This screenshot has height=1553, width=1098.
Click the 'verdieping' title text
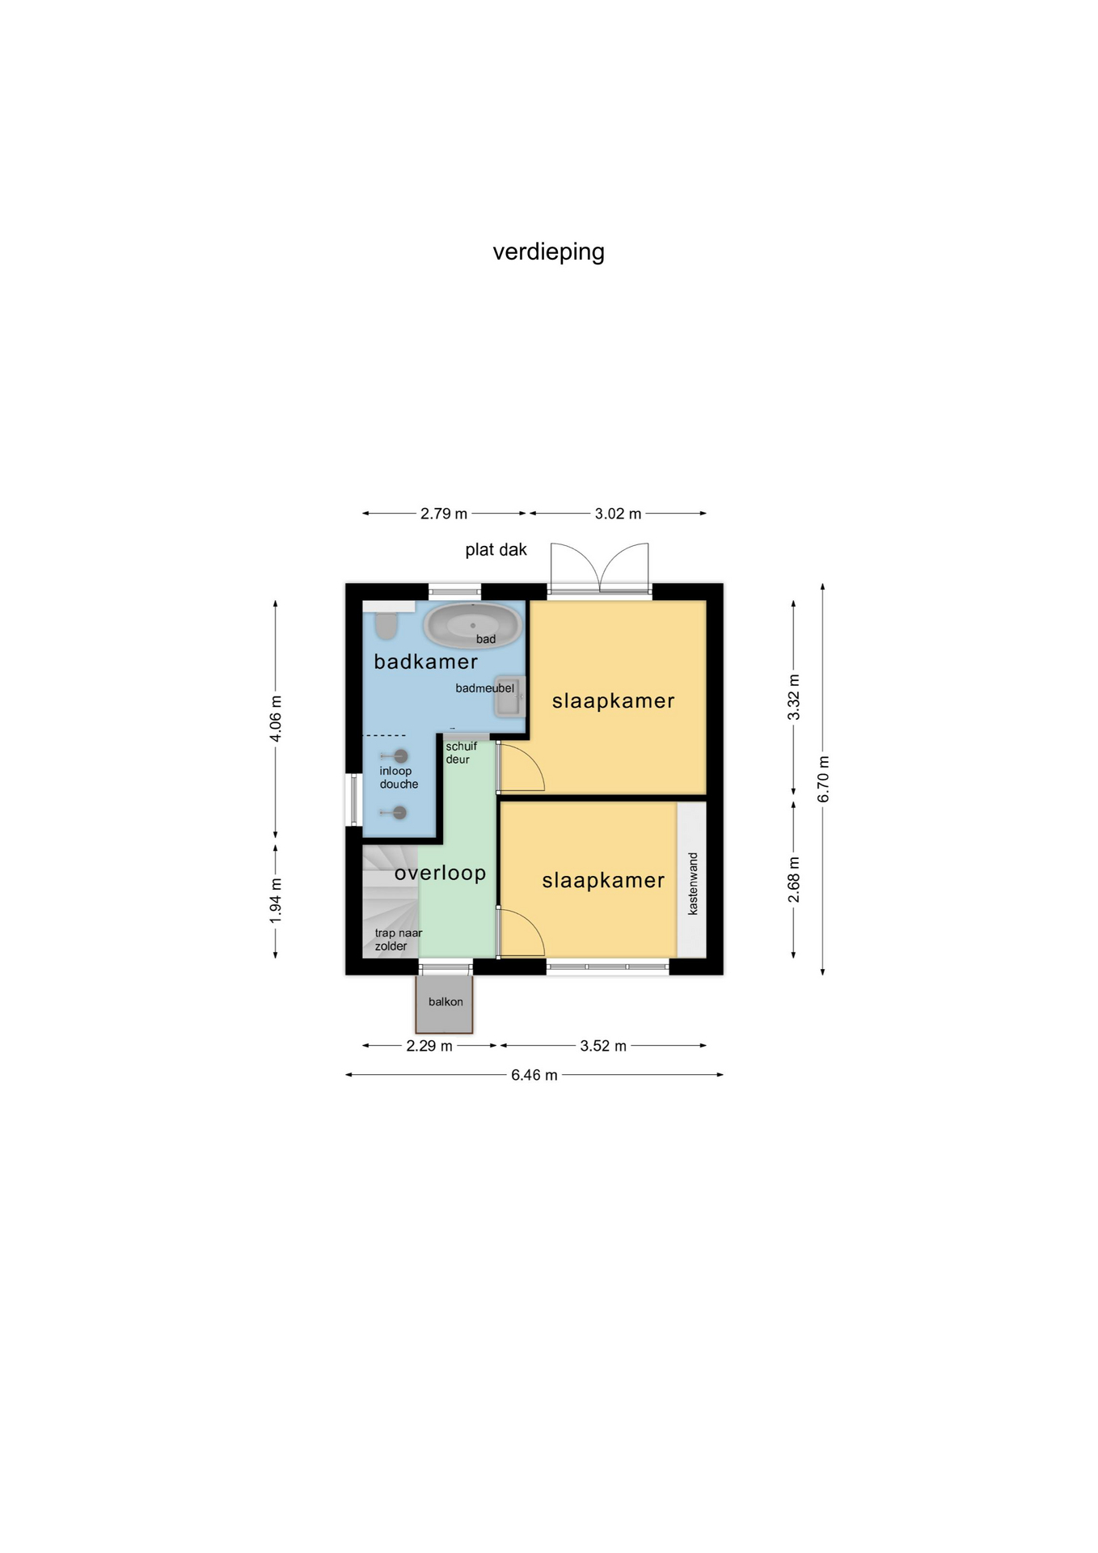pos(548,252)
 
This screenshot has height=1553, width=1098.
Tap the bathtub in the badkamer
pos(473,625)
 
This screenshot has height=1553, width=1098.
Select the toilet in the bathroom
pos(386,625)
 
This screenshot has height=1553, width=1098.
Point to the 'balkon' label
pos(446,1001)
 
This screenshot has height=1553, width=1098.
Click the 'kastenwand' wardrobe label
pos(693,883)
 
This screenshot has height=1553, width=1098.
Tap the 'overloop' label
pos(440,873)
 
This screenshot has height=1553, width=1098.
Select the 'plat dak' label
pos(496,550)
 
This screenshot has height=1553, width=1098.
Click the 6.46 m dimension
pos(534,1075)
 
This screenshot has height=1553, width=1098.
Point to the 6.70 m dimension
pos(823,779)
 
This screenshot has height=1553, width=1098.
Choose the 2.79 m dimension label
pos(444,514)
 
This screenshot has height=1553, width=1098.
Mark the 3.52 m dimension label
pos(603,1046)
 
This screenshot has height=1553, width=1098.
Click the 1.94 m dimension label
pos(276,900)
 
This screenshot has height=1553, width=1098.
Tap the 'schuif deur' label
pos(461,753)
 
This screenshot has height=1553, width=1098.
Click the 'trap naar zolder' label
pos(398,940)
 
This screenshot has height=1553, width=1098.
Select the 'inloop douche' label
pos(399,777)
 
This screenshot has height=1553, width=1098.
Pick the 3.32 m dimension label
pos(794,697)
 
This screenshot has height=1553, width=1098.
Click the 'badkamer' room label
pos(425,662)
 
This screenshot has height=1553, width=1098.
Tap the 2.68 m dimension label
pos(794,880)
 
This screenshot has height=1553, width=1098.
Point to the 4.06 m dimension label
pos(276,718)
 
